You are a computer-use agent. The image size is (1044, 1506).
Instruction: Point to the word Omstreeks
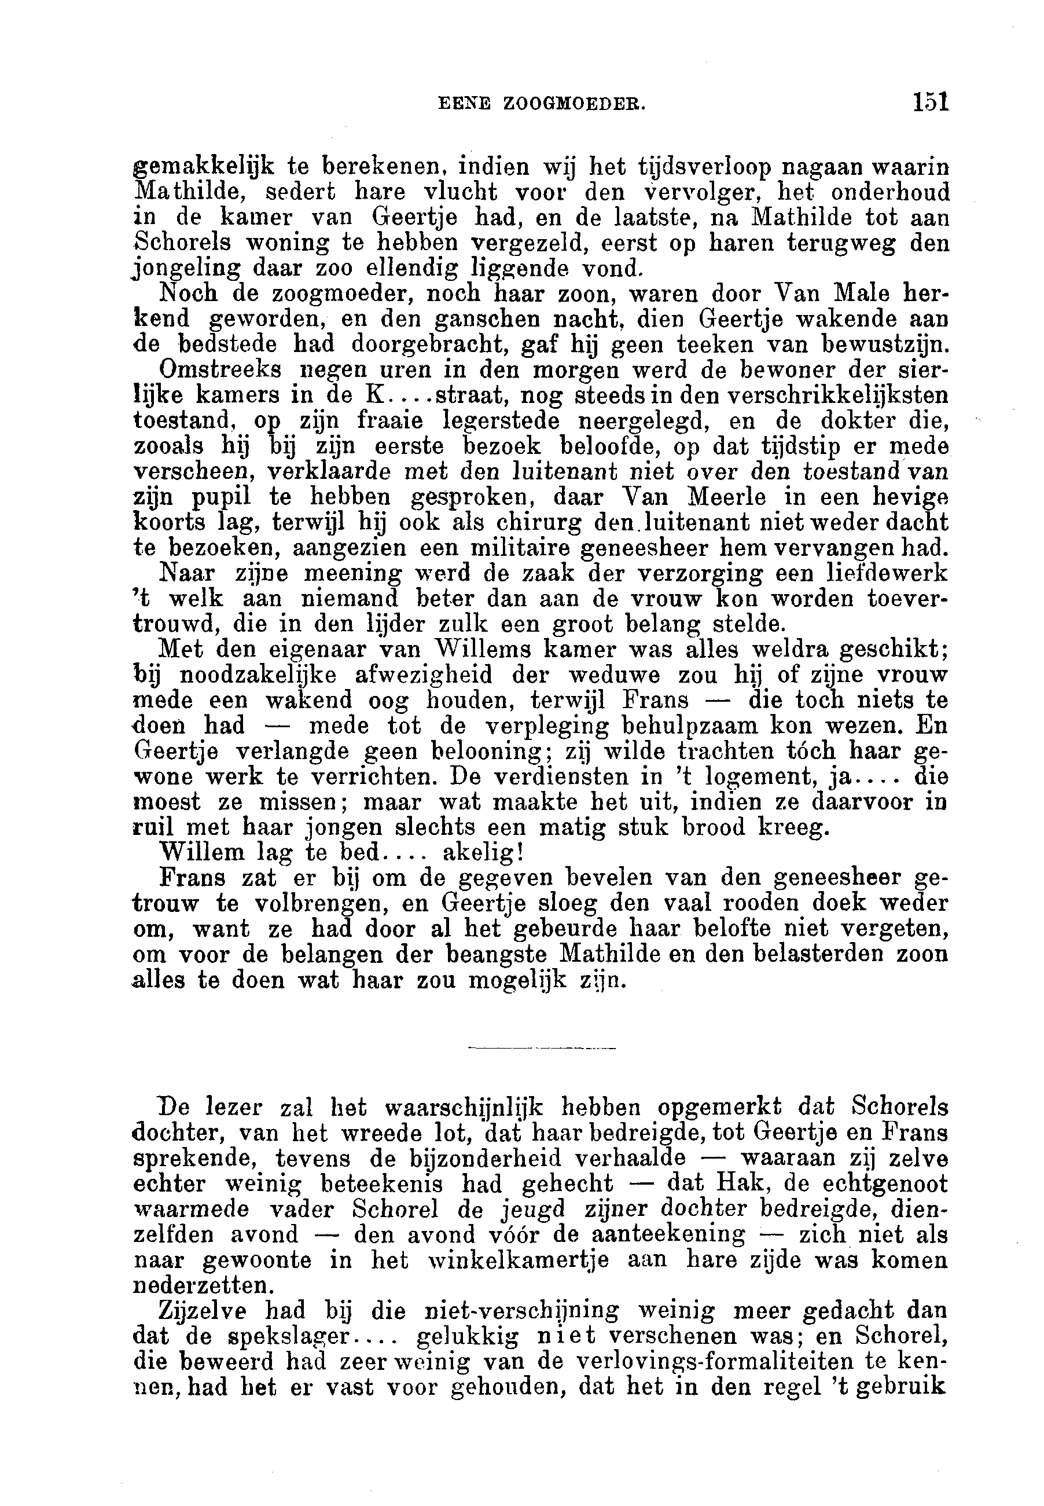point(220,370)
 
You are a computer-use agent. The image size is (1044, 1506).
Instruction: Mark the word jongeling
point(187,269)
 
